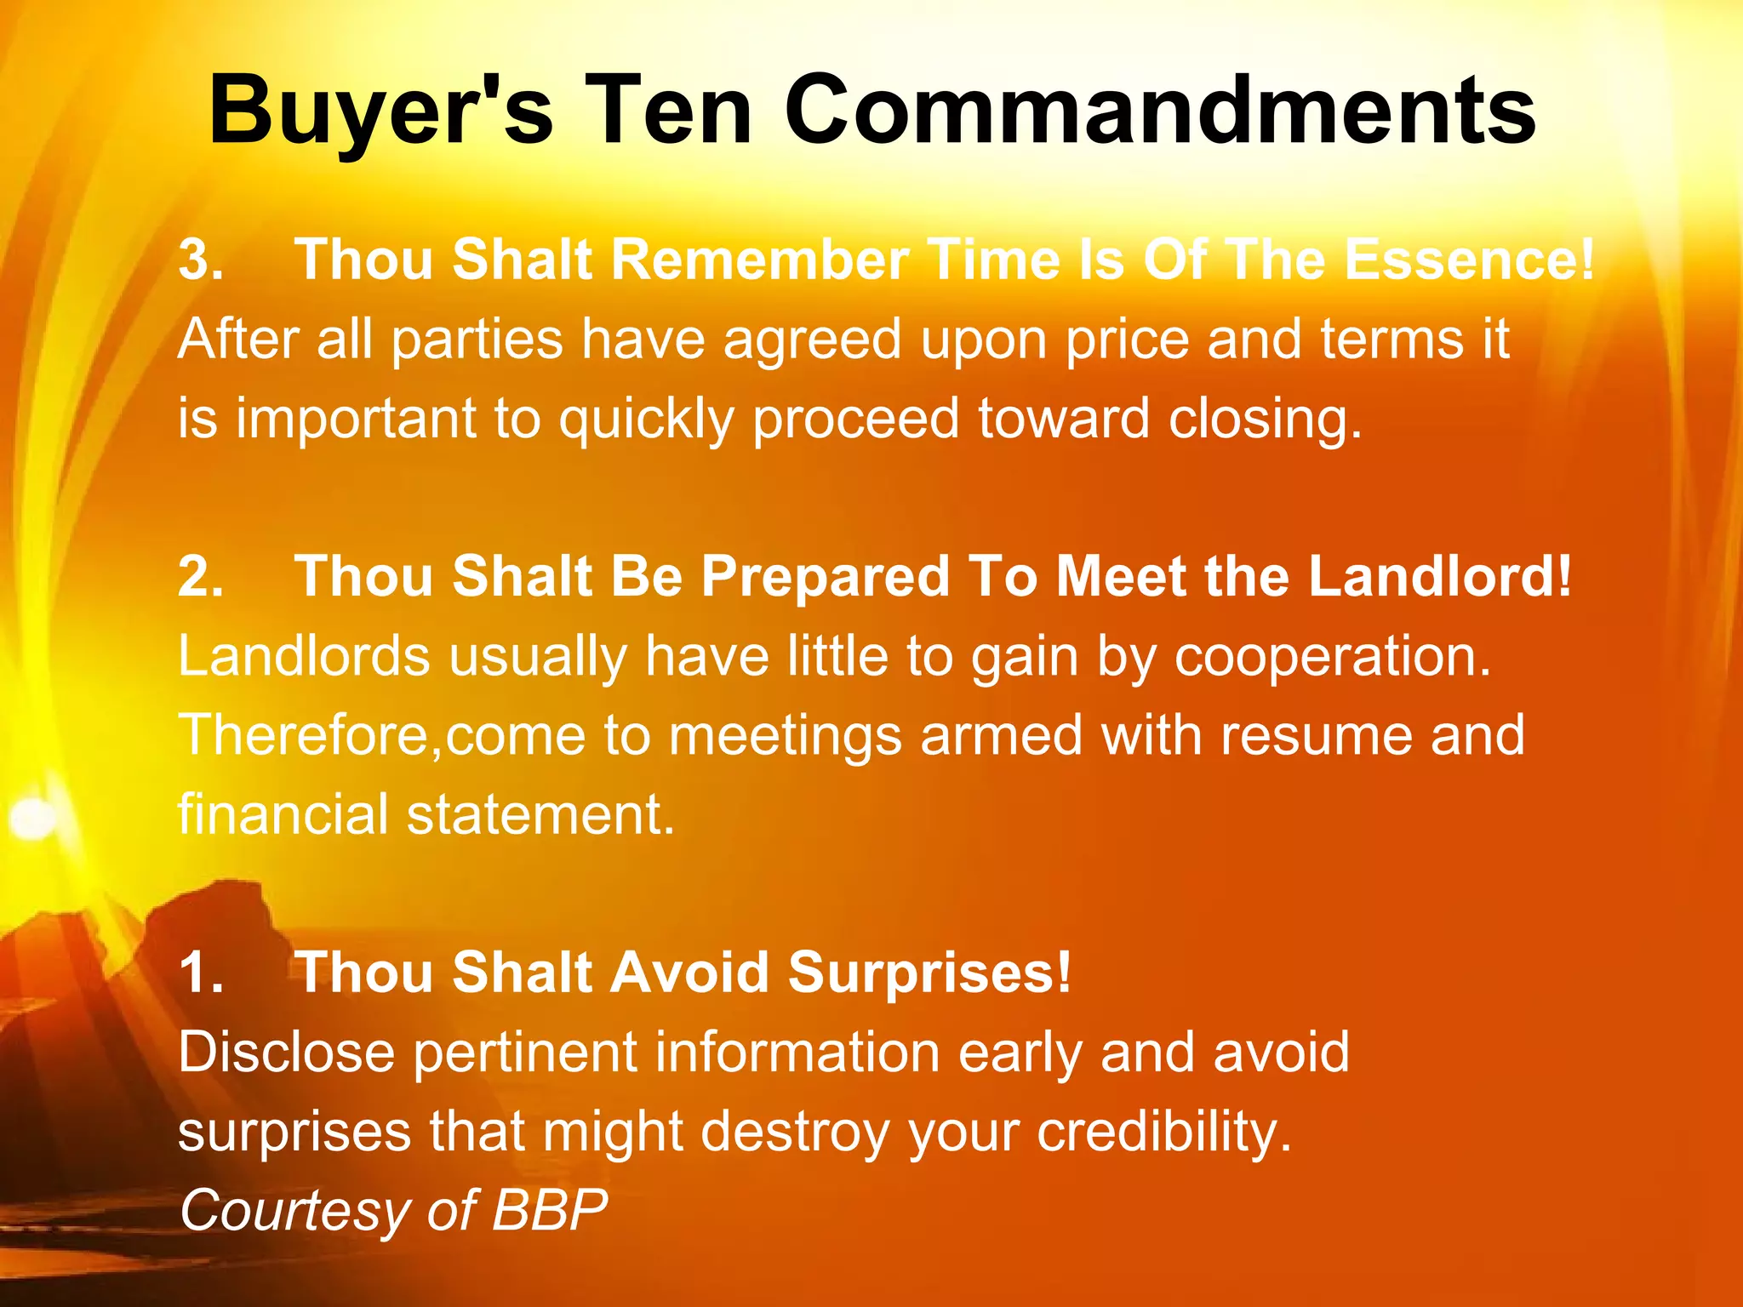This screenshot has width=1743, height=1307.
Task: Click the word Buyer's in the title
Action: (x=380, y=112)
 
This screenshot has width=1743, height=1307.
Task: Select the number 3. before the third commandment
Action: (x=201, y=260)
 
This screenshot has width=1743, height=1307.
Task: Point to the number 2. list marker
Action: (x=201, y=577)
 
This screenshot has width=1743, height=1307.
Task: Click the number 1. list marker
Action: (x=201, y=973)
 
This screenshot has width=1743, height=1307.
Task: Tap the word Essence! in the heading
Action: (x=1469, y=260)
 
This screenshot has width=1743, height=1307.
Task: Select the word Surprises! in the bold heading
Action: (x=929, y=973)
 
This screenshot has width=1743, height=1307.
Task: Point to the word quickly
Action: (x=646, y=420)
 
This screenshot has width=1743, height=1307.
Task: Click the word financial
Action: (x=283, y=814)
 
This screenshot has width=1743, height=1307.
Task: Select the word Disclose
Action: (x=286, y=1053)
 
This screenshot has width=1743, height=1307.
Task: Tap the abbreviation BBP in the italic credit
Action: (x=550, y=1210)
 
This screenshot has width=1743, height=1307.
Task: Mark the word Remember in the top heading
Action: (x=760, y=260)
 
